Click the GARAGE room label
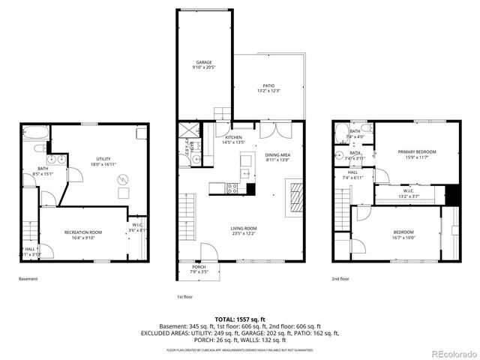coord(204,63)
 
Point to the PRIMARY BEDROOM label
coord(420,151)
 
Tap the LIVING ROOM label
coord(243,228)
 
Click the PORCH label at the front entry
coord(199,267)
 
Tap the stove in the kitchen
coord(232,188)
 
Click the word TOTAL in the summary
coord(226,319)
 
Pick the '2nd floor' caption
coord(340,279)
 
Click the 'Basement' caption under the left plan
coord(28,279)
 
